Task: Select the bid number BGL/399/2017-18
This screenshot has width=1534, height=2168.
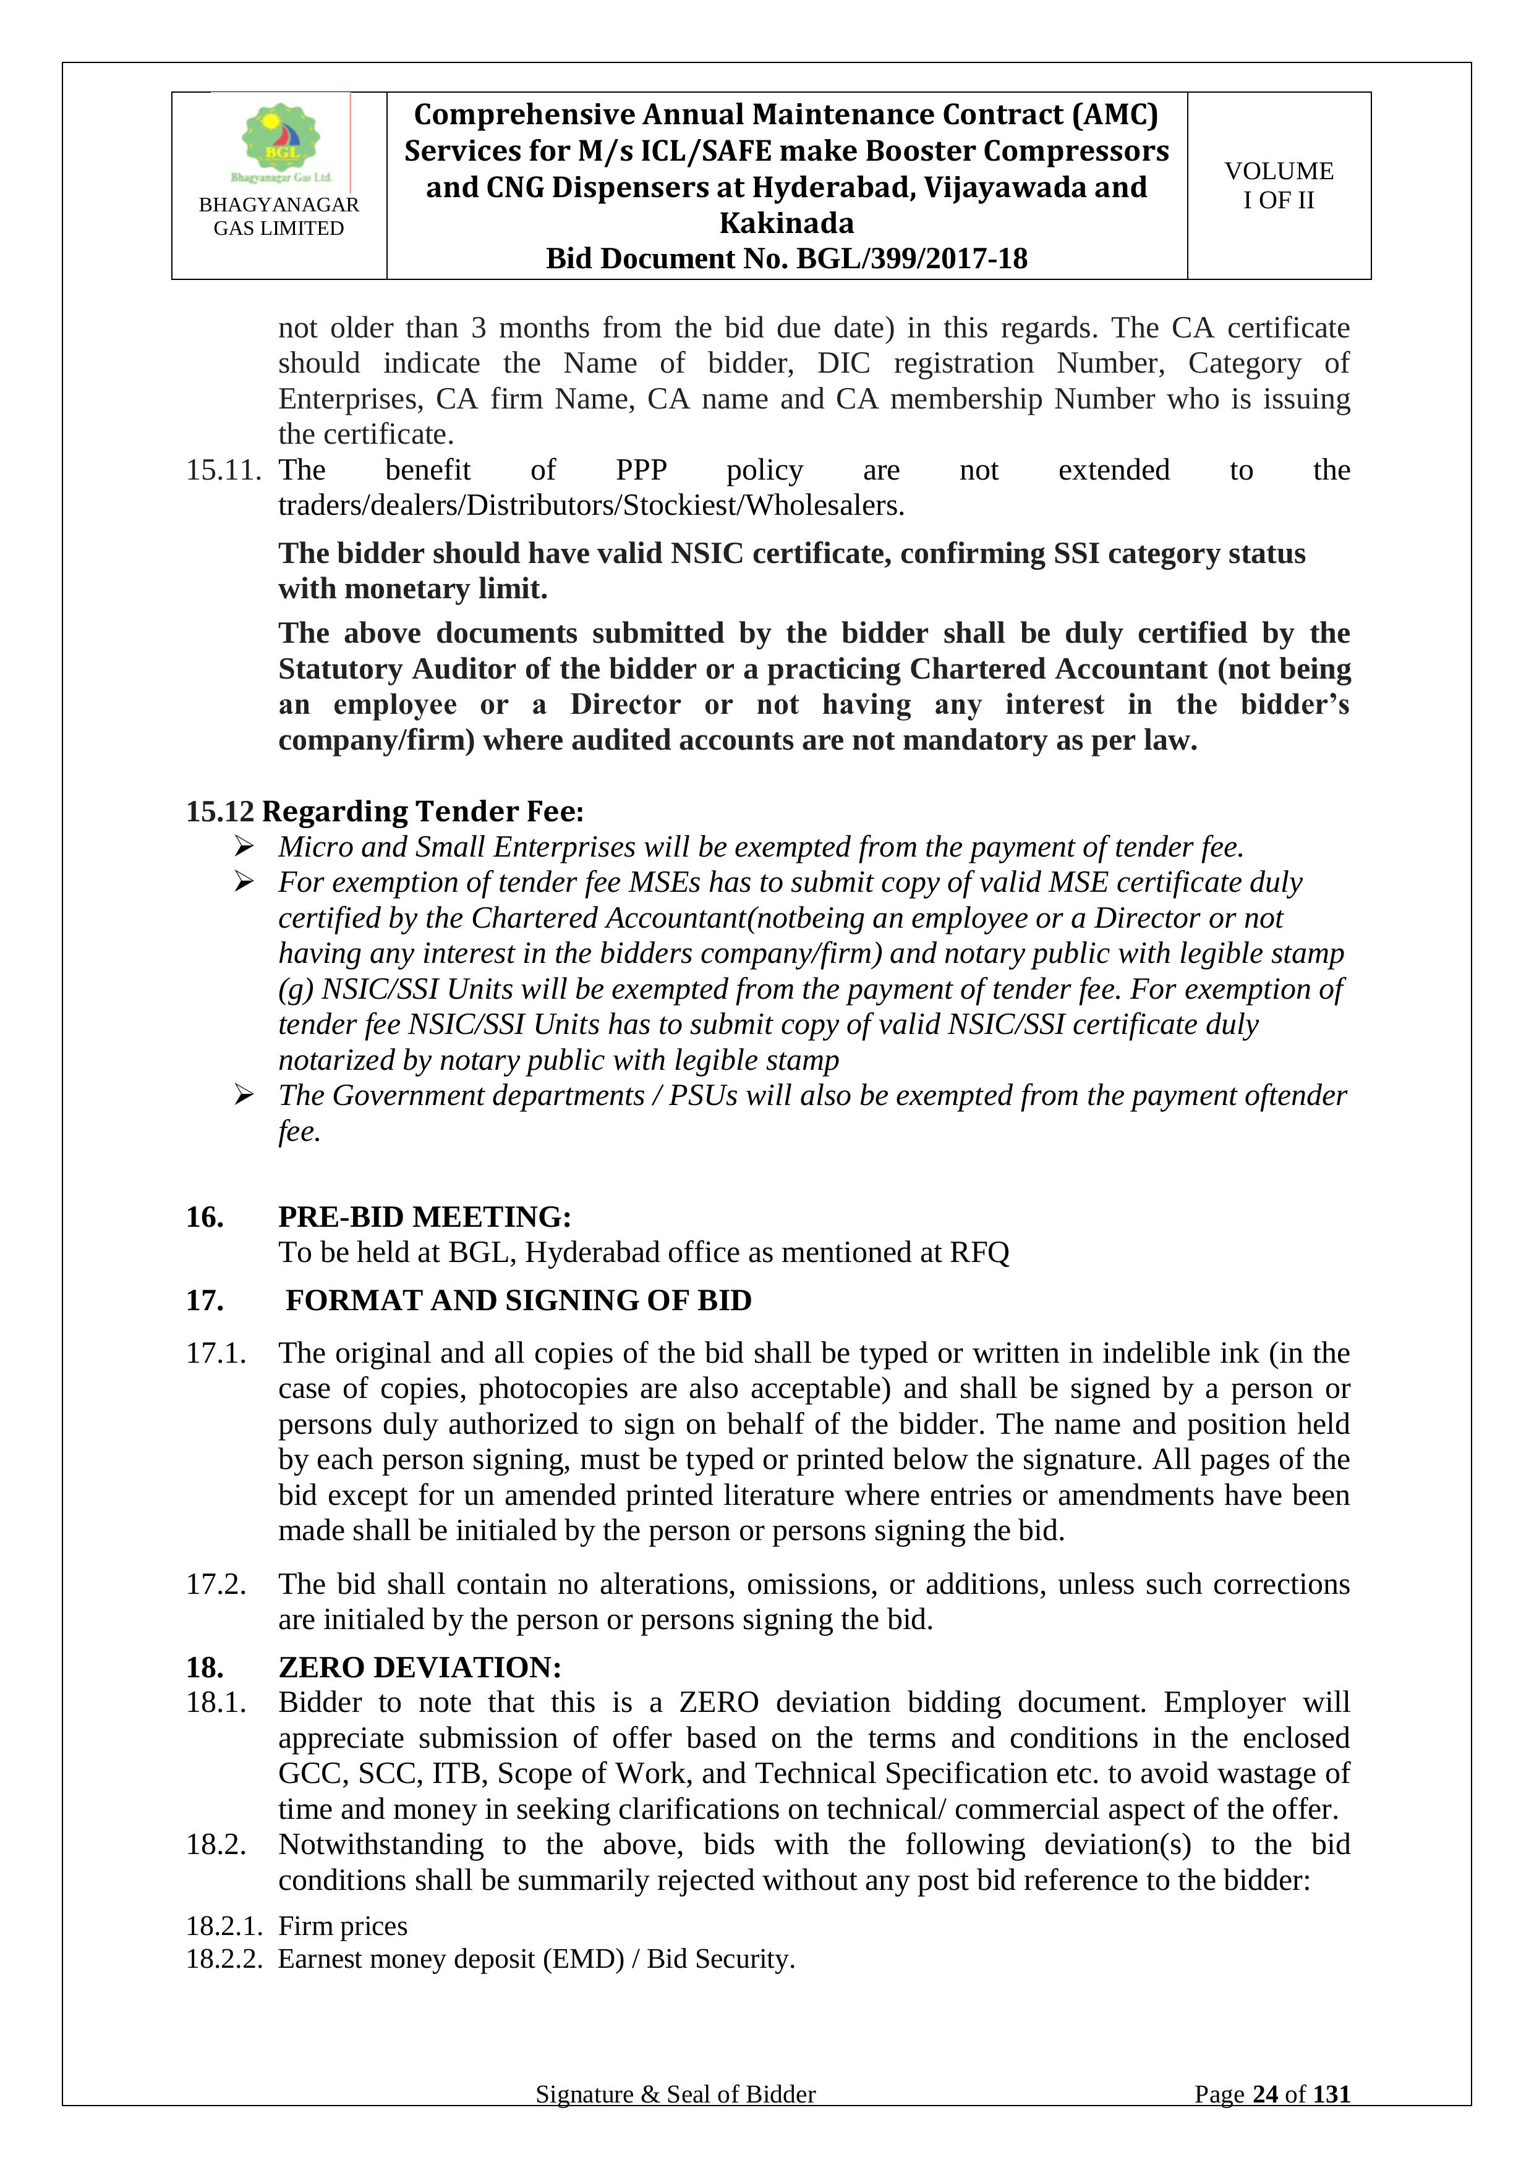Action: click(911, 259)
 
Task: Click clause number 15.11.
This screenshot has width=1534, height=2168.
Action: click(223, 470)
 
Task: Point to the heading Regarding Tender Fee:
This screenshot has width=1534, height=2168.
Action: click(422, 811)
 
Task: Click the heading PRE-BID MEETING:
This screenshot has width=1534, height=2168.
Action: click(424, 1216)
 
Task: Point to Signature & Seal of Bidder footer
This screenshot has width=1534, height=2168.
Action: click(675, 2094)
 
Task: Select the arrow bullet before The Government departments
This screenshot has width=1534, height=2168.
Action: click(244, 1095)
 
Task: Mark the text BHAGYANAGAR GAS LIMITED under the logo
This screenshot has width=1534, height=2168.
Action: click(279, 216)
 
